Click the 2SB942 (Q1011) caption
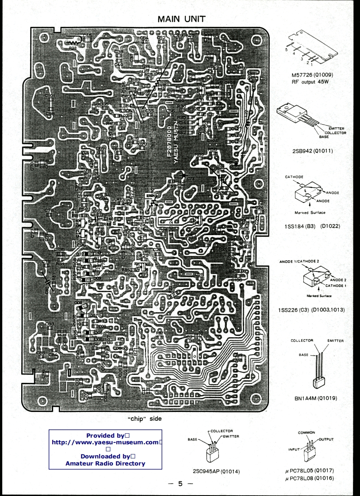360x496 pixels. [312, 151]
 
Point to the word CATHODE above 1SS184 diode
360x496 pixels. [294, 177]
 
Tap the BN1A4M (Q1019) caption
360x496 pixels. [316, 398]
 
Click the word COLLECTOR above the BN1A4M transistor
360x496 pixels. [302, 340]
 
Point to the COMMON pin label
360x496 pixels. [306, 433]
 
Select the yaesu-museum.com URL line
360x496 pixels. [106, 442]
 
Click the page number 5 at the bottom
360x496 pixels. [180, 484]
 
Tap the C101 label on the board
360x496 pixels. [50, 95]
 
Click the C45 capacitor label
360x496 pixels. [87, 35]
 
